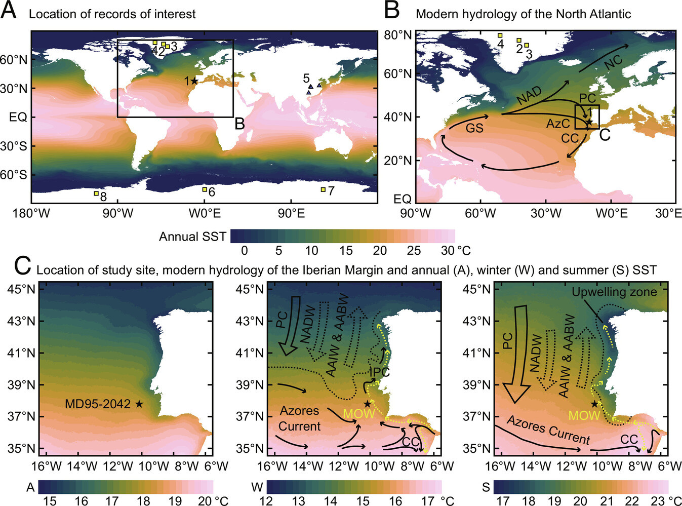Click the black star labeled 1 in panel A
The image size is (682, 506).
[195, 81]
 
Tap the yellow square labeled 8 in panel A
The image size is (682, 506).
[96, 193]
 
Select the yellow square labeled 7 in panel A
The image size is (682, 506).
[323, 189]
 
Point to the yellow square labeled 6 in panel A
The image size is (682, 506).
[205, 189]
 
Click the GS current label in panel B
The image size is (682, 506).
[474, 128]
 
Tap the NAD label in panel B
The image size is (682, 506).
[529, 95]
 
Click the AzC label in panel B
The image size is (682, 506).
[558, 124]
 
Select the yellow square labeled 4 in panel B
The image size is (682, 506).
[500, 35]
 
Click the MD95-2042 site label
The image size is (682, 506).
[98, 404]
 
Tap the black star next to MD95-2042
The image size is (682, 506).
[139, 404]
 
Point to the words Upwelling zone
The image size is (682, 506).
[614, 292]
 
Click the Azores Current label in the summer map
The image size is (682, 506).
[548, 430]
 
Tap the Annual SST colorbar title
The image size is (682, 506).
[192, 237]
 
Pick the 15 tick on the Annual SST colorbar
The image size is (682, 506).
[346, 250]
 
